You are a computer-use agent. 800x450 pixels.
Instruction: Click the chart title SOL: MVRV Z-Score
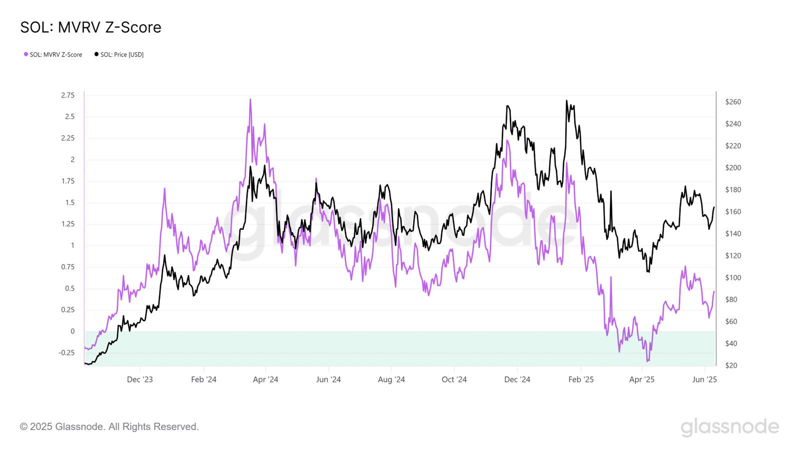[90, 27]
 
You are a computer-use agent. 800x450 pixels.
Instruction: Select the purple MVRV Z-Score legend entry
[53, 54]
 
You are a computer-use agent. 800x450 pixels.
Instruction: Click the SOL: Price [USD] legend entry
[119, 54]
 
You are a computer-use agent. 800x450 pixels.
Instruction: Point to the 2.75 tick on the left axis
[67, 95]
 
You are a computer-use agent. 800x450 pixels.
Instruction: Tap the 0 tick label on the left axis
[72, 331]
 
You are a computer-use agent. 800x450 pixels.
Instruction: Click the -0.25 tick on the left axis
[66, 353]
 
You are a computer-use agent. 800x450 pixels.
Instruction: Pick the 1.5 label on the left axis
[69, 203]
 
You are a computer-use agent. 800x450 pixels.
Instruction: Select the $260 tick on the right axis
[733, 102]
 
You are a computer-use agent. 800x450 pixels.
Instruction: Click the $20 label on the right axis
[731, 365]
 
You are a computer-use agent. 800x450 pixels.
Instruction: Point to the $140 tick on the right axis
[733, 234]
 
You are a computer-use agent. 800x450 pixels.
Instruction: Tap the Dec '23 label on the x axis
[140, 379]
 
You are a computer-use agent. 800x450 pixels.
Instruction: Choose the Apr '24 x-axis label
[265, 379]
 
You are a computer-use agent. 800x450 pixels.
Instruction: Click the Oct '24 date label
[454, 379]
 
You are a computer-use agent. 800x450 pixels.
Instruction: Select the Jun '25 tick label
[704, 379]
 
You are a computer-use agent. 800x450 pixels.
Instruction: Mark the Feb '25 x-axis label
[581, 379]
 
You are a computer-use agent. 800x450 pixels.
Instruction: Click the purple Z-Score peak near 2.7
[250, 99]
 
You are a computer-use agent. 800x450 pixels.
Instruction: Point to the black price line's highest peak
[566, 100]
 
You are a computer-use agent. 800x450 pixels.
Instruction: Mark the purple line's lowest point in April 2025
[647, 361]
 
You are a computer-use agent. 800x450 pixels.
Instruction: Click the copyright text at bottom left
[109, 427]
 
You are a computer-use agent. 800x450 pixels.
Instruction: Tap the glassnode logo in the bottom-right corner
[729, 427]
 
